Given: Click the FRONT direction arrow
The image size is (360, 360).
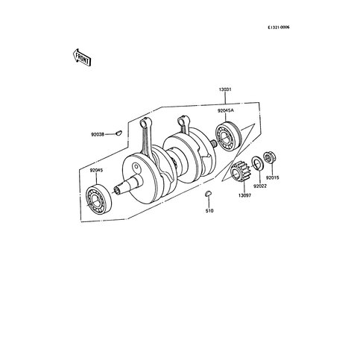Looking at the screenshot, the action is (x=83, y=57).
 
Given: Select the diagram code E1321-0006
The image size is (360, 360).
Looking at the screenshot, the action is (x=279, y=28).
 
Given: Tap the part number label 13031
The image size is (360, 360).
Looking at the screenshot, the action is (x=225, y=89).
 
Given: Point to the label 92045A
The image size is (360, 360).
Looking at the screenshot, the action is (x=226, y=111).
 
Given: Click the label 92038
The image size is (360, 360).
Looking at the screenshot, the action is (x=98, y=135).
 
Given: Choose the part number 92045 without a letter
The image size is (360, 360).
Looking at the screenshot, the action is (x=96, y=171).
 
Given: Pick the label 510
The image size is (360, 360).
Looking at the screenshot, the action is (x=209, y=211).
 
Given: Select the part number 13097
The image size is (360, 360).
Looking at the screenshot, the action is (x=244, y=195).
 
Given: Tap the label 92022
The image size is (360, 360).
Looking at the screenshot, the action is (x=259, y=186).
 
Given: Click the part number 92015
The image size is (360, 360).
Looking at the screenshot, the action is (x=273, y=178).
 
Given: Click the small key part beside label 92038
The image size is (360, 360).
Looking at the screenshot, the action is (x=119, y=133).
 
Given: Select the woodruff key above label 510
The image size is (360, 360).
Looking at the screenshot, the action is (x=208, y=193).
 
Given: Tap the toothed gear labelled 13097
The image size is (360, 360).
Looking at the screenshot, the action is (x=239, y=171).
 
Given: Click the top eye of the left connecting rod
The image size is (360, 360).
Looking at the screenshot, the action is (x=144, y=122).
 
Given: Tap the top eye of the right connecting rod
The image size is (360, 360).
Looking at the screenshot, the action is (x=181, y=120).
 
